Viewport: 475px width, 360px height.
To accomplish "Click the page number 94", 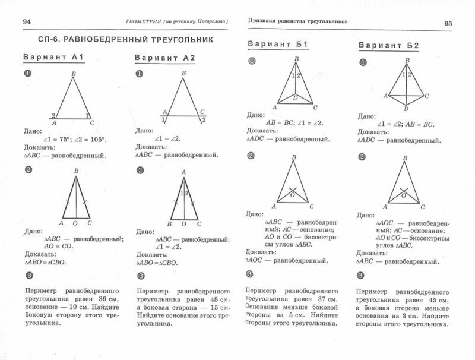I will tap(26, 22).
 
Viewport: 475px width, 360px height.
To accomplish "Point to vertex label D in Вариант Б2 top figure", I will tap(406, 109).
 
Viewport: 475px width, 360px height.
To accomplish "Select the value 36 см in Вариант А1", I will tap(107, 299).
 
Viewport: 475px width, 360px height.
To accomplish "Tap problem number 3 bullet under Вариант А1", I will tap(27, 276).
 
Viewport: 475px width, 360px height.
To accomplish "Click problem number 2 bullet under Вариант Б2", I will tap(362, 157).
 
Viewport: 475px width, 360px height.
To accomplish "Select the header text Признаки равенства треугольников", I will tap(297, 21).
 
